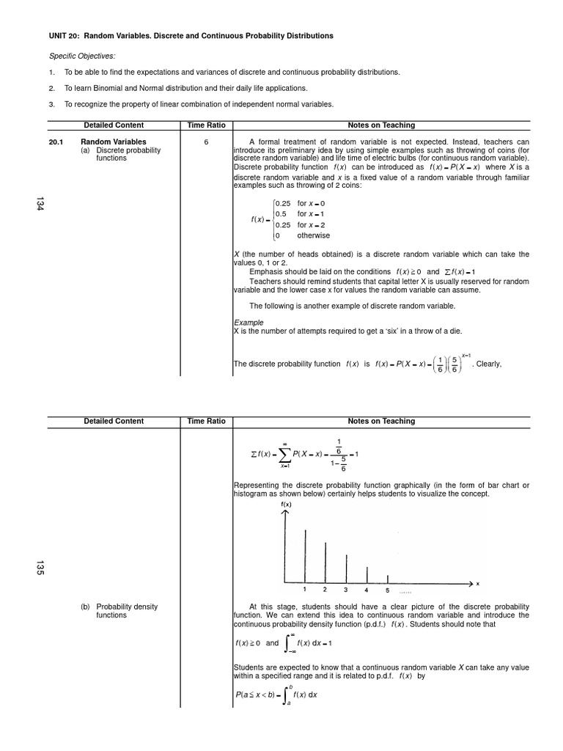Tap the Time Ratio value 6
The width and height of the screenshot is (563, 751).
coord(206,142)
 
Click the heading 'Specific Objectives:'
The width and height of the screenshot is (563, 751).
coord(82,56)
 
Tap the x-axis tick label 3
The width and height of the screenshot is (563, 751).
coord(346,590)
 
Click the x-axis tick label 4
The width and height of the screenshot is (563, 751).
coord(367,590)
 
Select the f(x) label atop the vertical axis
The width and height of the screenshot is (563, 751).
coord(286,505)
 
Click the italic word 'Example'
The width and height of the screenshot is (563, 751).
coord(249,322)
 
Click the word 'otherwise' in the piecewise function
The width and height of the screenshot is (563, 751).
coord(314,235)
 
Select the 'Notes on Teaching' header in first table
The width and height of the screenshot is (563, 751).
coord(381,125)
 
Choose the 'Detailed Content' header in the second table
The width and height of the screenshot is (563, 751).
coord(114,421)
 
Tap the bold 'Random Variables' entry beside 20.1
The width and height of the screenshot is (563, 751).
coord(114,142)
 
